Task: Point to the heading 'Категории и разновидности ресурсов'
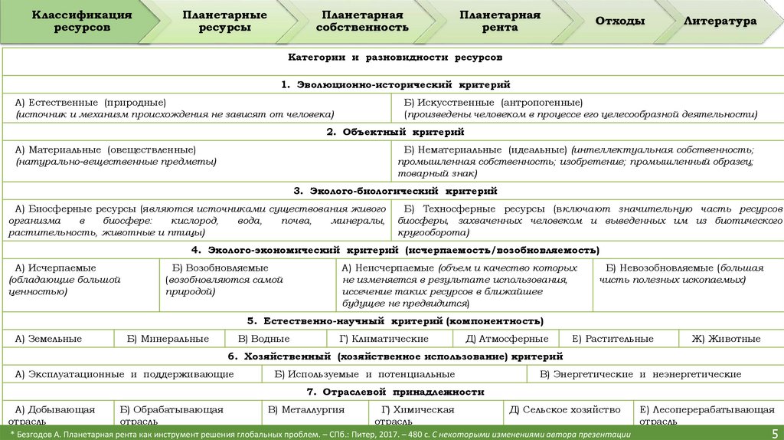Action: click(x=395, y=57)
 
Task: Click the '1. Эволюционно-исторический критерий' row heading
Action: click(x=395, y=84)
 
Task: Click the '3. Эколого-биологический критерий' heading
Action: click(x=395, y=191)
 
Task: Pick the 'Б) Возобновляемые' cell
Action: click(x=247, y=281)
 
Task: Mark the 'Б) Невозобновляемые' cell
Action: click(x=688, y=274)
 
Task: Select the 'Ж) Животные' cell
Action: click(x=726, y=338)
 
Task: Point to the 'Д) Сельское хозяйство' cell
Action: click(x=552, y=409)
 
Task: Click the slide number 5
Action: click(x=774, y=433)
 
